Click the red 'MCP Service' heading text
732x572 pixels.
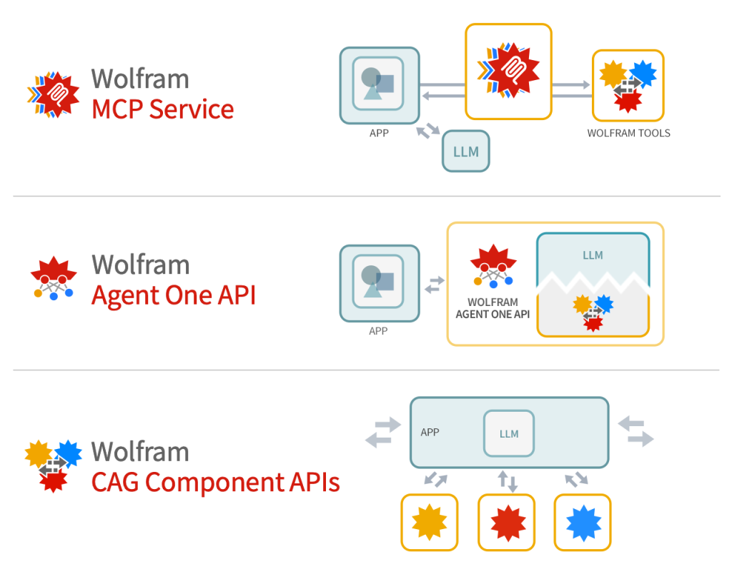coord(162,109)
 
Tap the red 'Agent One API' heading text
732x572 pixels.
coord(173,295)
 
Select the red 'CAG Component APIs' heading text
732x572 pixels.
coord(215,482)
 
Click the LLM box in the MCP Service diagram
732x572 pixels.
coord(465,152)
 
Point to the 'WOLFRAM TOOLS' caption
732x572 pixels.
coord(628,133)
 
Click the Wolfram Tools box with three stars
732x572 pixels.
coord(628,84)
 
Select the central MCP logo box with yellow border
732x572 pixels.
coord(508,71)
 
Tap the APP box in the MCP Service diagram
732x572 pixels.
coord(379,84)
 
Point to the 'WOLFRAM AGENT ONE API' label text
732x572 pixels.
coord(493,308)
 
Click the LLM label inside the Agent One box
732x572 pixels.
coord(593,255)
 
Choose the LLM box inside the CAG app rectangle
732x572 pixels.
coord(508,433)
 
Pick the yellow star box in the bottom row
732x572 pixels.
coord(429,523)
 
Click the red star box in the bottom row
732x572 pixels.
coord(506,523)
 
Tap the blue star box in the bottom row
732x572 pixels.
coord(583,523)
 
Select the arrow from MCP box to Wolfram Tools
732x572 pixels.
coord(571,85)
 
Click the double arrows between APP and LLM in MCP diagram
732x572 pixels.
coord(429,132)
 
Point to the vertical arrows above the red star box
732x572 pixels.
coord(507,480)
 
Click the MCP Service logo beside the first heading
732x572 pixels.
coord(54,94)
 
